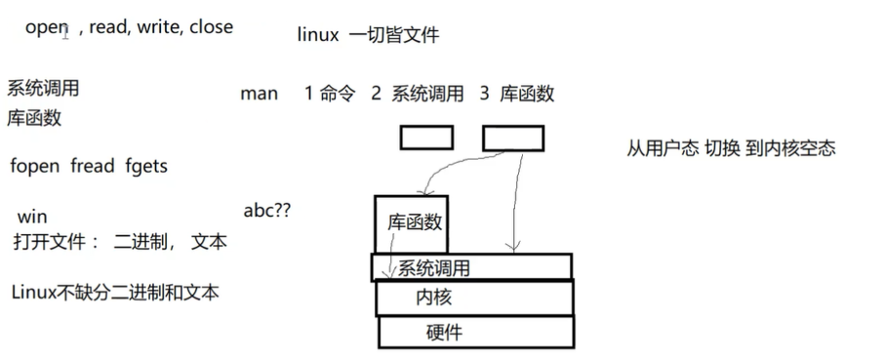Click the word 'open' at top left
pos(45,28)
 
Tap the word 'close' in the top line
pos(211,27)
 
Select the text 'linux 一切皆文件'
pos(368,35)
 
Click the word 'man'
pos(259,95)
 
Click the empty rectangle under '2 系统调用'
pos(426,139)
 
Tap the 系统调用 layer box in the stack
pos(471,266)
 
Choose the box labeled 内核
pos(474,297)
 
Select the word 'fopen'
pos(35,167)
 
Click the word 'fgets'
pos(146,167)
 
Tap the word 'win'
pos(32,217)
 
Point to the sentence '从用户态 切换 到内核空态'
pos(731,150)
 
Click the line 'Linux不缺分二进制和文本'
pos(116,292)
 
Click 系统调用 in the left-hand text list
pos(43,89)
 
